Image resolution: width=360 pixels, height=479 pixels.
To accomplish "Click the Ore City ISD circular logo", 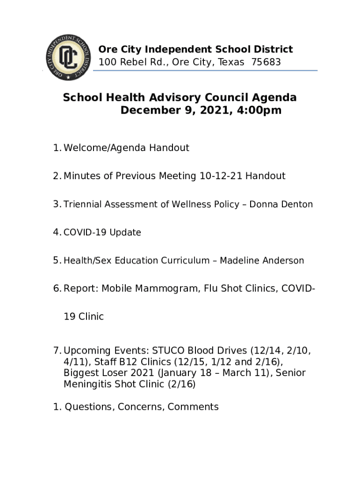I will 68,57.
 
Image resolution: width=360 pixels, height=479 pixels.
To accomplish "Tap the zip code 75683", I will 266,62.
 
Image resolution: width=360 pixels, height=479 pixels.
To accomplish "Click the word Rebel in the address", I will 133,62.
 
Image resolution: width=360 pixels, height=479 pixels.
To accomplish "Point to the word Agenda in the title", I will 275,98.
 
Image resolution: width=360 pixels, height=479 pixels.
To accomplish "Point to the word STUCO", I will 167,350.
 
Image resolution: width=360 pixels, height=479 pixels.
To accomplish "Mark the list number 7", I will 57,350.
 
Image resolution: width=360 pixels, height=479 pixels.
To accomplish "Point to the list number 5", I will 57,261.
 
